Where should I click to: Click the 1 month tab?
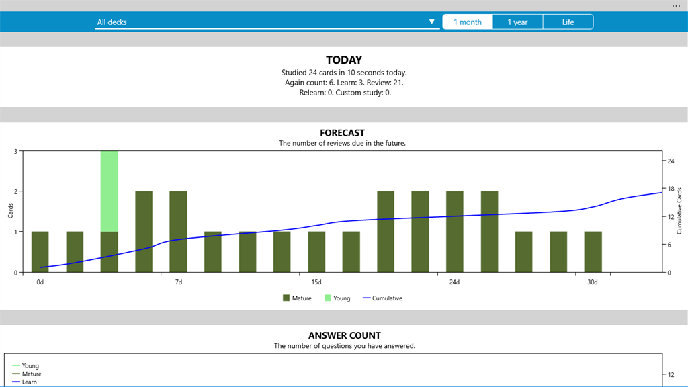coord(468,22)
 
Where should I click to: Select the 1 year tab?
coord(518,22)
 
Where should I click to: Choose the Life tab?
coord(568,22)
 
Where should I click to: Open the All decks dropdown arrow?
coord(432,21)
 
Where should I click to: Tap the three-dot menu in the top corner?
coord(676,5)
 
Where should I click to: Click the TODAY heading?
coord(344,60)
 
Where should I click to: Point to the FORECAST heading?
coord(342,133)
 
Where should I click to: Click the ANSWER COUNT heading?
coord(345,336)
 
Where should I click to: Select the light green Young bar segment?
coord(110,191)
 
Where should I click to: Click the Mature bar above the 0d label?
coord(40,252)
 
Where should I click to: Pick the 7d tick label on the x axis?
coord(179,282)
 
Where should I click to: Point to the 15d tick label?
coord(316,282)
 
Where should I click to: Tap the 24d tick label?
coord(454,282)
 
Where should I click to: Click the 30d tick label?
coord(593,282)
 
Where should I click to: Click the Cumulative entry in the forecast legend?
coord(382,298)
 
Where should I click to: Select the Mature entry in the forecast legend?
coord(297,298)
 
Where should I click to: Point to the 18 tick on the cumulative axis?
coord(671,189)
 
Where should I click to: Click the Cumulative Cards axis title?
coord(679,211)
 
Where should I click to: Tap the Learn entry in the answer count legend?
coord(25,382)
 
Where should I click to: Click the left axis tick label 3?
coord(16,151)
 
